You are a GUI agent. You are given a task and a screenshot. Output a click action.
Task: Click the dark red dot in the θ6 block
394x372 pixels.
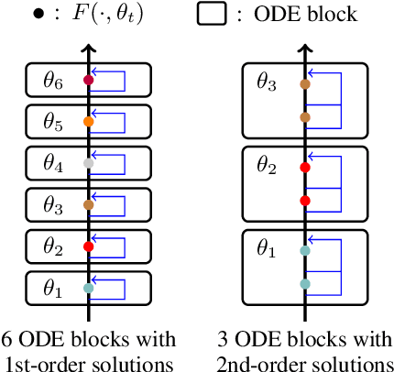(88, 81)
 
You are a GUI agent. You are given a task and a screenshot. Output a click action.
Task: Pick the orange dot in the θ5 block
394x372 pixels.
(88, 121)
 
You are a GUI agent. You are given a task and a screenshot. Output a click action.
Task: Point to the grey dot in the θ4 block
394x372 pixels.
(88, 162)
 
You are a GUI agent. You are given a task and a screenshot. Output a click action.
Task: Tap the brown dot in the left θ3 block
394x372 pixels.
(88, 204)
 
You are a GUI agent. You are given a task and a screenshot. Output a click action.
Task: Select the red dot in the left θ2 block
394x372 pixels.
(88, 246)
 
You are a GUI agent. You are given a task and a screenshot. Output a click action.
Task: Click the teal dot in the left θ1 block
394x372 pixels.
(88, 288)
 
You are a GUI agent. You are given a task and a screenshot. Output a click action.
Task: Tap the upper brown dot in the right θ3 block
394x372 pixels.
(305, 85)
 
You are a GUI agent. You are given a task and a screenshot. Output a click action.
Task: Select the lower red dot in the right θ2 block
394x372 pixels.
(305, 201)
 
